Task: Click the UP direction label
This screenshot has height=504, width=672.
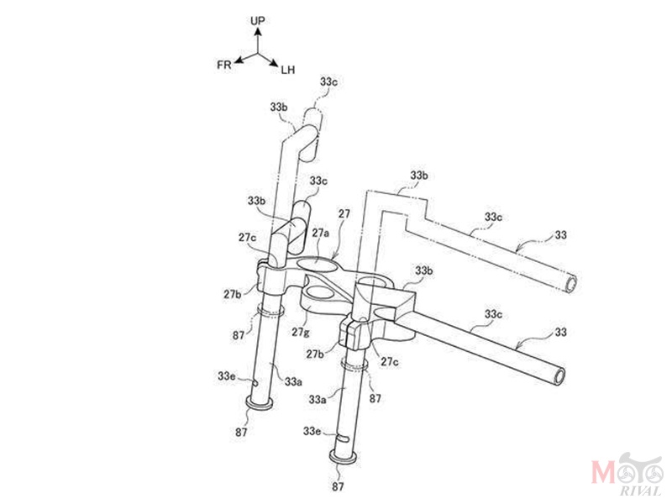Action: [x=258, y=20]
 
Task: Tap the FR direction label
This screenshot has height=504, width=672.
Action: [x=224, y=65]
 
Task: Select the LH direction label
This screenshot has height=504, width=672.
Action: [x=288, y=70]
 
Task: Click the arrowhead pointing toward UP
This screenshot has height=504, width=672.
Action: [x=258, y=31]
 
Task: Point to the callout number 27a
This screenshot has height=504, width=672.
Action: [x=321, y=233]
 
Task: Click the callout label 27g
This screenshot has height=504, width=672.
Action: [x=301, y=332]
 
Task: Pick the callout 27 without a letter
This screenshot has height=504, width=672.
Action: [x=344, y=213]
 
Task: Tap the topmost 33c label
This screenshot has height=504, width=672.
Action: [x=328, y=81]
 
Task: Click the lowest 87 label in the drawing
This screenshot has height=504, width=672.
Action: [x=338, y=486]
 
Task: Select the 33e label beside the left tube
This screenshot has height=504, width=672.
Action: [x=226, y=375]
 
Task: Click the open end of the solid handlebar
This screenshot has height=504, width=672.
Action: [x=559, y=375]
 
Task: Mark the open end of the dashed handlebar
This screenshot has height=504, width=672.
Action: [x=571, y=284]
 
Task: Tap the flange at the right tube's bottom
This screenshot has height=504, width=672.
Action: [x=344, y=457]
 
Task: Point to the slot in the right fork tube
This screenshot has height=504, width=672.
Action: [x=343, y=438]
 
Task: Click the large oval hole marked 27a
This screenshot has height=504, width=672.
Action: [x=317, y=263]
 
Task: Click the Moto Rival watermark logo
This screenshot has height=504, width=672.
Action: [x=627, y=475]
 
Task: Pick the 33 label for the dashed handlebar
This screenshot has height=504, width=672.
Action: [x=560, y=235]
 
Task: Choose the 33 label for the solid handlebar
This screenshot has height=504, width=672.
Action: [x=560, y=332]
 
